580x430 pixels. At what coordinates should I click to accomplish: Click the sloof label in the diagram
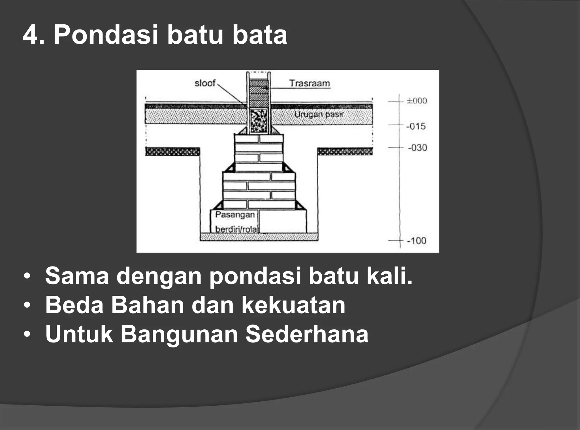205,83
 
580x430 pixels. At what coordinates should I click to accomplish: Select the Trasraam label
310,83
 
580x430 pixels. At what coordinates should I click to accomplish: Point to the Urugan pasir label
319,115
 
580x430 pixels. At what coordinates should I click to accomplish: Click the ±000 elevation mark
417,101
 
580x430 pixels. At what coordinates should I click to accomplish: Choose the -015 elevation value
416,126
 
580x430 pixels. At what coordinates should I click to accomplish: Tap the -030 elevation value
417,148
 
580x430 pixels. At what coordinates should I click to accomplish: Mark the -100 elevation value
416,241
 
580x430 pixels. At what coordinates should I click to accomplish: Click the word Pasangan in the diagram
235,215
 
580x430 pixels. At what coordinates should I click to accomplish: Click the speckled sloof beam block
259,121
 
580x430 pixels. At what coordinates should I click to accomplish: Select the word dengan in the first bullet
159,276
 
